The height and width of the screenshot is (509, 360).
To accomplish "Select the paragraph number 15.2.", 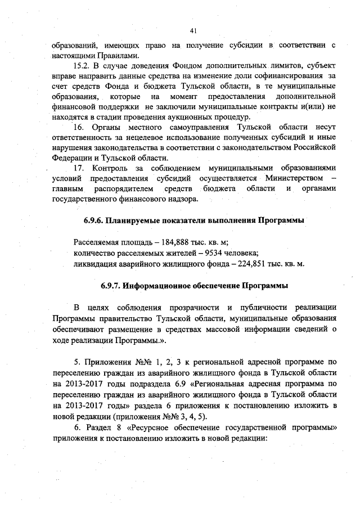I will click(83, 66).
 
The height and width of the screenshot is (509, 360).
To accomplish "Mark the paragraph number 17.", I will click(79, 168).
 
